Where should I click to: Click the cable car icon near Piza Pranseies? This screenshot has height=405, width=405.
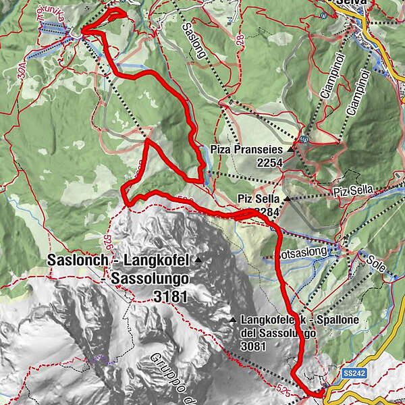coord(305,140)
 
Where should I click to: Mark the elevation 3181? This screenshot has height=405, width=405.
coord(170,296)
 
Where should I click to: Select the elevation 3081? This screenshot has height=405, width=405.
coord(252,346)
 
